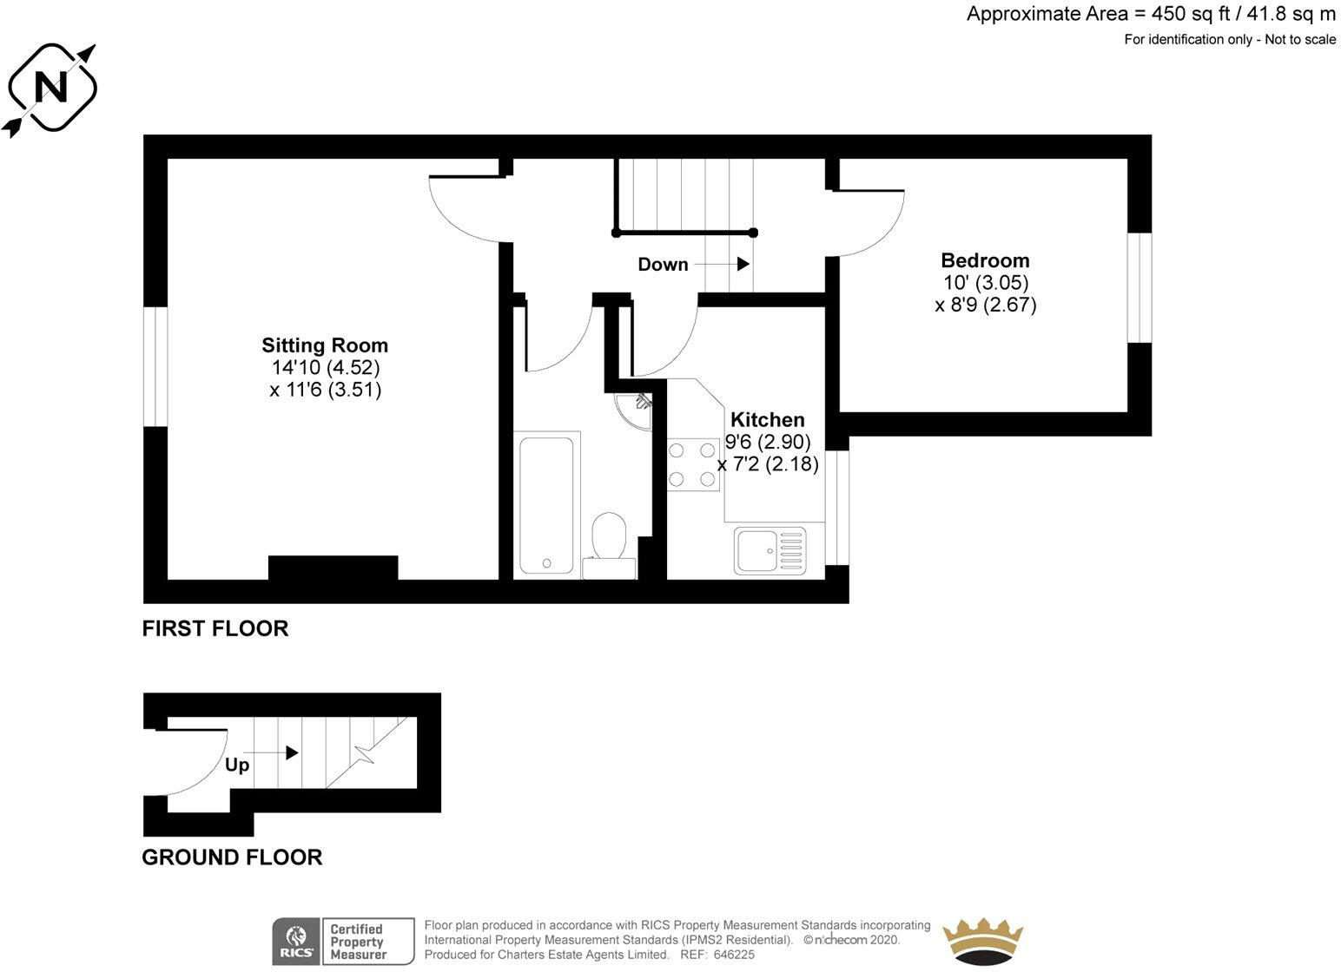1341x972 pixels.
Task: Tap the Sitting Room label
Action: click(x=325, y=345)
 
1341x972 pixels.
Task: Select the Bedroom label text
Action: click(x=985, y=260)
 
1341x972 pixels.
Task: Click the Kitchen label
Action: click(x=767, y=420)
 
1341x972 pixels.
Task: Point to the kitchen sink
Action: click(x=770, y=550)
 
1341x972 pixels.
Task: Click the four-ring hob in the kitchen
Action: click(x=693, y=464)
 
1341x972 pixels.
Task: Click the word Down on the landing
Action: click(x=663, y=265)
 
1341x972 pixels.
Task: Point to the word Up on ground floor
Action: click(x=237, y=765)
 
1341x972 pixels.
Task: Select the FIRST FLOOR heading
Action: click(x=215, y=628)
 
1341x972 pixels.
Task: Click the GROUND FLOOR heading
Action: click(x=232, y=857)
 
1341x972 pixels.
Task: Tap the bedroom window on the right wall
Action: click(x=1140, y=288)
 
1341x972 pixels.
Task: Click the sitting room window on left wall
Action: click(x=155, y=367)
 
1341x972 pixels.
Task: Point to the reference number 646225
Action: click(x=736, y=955)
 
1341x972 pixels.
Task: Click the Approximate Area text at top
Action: click(x=1151, y=14)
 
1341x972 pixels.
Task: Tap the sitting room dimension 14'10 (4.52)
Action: click(x=325, y=368)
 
